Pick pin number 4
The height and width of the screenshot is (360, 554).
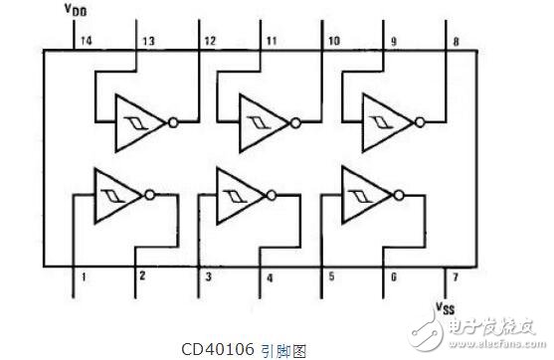[269, 277]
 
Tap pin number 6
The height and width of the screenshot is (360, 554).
[393, 277]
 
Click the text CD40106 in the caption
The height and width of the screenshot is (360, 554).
[218, 349]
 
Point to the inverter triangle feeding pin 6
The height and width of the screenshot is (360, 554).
[362, 192]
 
